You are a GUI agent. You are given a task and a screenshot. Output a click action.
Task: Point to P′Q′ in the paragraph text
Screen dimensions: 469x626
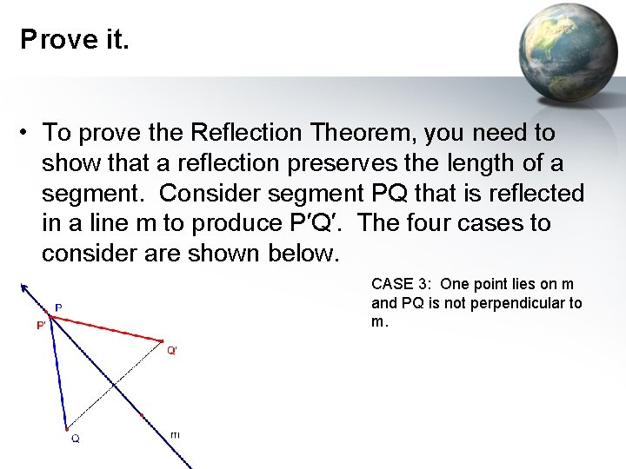click(x=312, y=223)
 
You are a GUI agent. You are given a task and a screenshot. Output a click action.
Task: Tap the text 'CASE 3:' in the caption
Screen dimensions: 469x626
click(x=401, y=284)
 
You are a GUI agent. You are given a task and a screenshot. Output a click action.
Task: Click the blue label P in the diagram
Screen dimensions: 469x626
click(x=58, y=307)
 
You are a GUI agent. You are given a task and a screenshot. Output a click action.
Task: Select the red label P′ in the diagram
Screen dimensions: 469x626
click(x=41, y=325)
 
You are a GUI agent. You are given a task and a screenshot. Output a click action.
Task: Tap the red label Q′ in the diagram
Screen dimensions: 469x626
click(x=172, y=350)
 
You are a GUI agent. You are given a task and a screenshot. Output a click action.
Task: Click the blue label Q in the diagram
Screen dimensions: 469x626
click(x=76, y=439)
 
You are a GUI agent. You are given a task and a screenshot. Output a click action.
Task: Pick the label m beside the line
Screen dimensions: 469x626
click(x=176, y=433)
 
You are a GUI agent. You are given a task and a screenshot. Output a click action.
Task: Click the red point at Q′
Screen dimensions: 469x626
click(x=163, y=340)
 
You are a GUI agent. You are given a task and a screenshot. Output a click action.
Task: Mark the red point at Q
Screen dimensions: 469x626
click(x=66, y=428)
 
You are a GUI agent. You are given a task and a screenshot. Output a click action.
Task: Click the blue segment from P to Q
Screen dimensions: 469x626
click(x=58, y=373)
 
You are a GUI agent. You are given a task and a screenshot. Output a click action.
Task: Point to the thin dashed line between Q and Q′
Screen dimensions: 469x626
click(x=114, y=384)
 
